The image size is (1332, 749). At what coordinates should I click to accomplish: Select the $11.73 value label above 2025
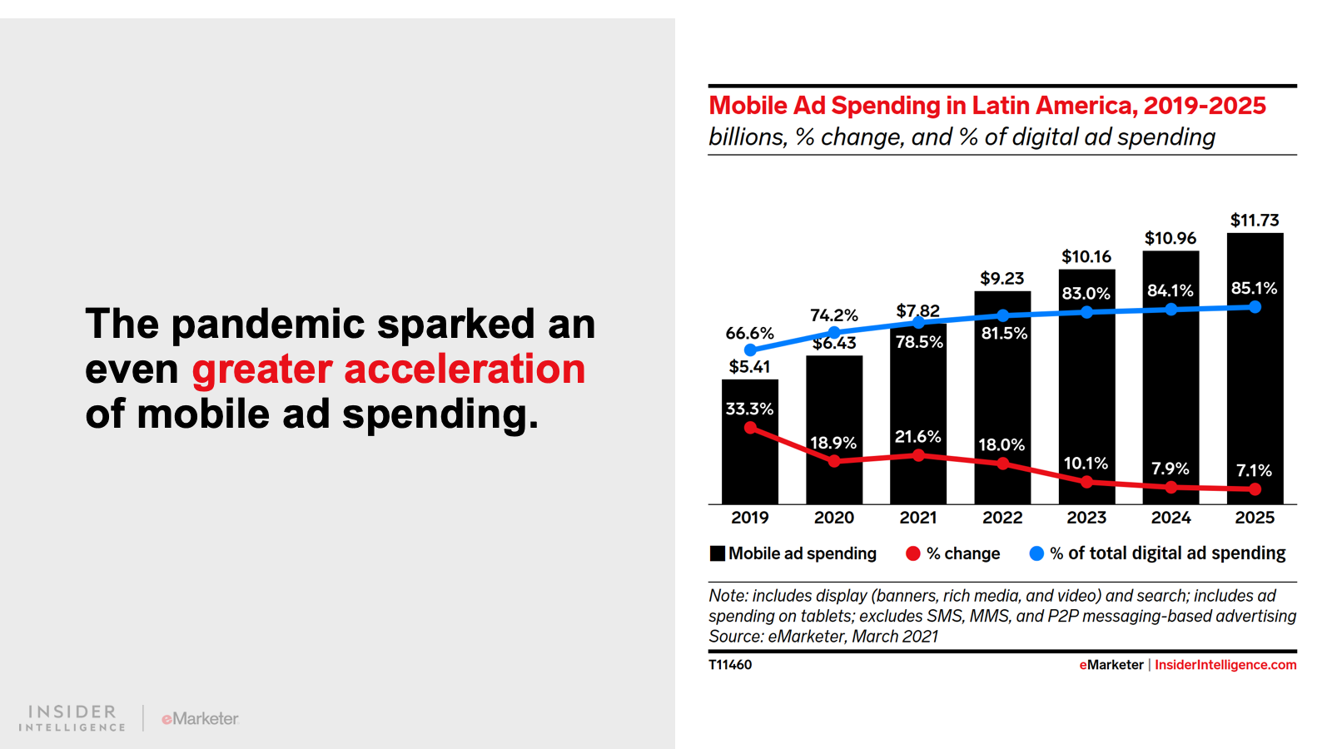click(1255, 221)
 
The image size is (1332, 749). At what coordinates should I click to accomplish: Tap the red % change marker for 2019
click(750, 428)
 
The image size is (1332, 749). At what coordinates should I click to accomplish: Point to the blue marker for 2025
click(1255, 307)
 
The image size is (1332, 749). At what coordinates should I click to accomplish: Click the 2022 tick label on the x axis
click(1002, 518)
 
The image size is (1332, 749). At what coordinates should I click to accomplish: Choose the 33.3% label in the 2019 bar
click(749, 409)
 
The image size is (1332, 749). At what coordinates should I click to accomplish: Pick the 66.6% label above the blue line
click(749, 333)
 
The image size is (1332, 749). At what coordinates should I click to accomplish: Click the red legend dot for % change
click(913, 553)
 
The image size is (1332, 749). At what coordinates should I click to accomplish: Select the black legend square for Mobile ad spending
click(717, 553)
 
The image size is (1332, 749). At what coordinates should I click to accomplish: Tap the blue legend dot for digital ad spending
click(1036, 553)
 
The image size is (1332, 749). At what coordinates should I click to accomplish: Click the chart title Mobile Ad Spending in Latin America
click(987, 106)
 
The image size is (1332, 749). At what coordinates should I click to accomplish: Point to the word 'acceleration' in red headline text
click(465, 369)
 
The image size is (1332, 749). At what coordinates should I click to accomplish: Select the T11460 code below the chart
click(730, 665)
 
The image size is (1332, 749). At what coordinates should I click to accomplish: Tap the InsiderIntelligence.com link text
click(1225, 665)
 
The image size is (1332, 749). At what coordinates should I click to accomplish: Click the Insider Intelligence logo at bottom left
click(72, 718)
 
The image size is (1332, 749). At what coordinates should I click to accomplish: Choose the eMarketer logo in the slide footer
click(200, 718)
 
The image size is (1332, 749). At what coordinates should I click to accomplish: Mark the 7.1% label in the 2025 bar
click(1254, 470)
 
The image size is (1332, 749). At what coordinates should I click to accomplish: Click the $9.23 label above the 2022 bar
click(1001, 279)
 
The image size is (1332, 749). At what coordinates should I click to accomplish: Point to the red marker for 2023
click(1086, 482)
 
